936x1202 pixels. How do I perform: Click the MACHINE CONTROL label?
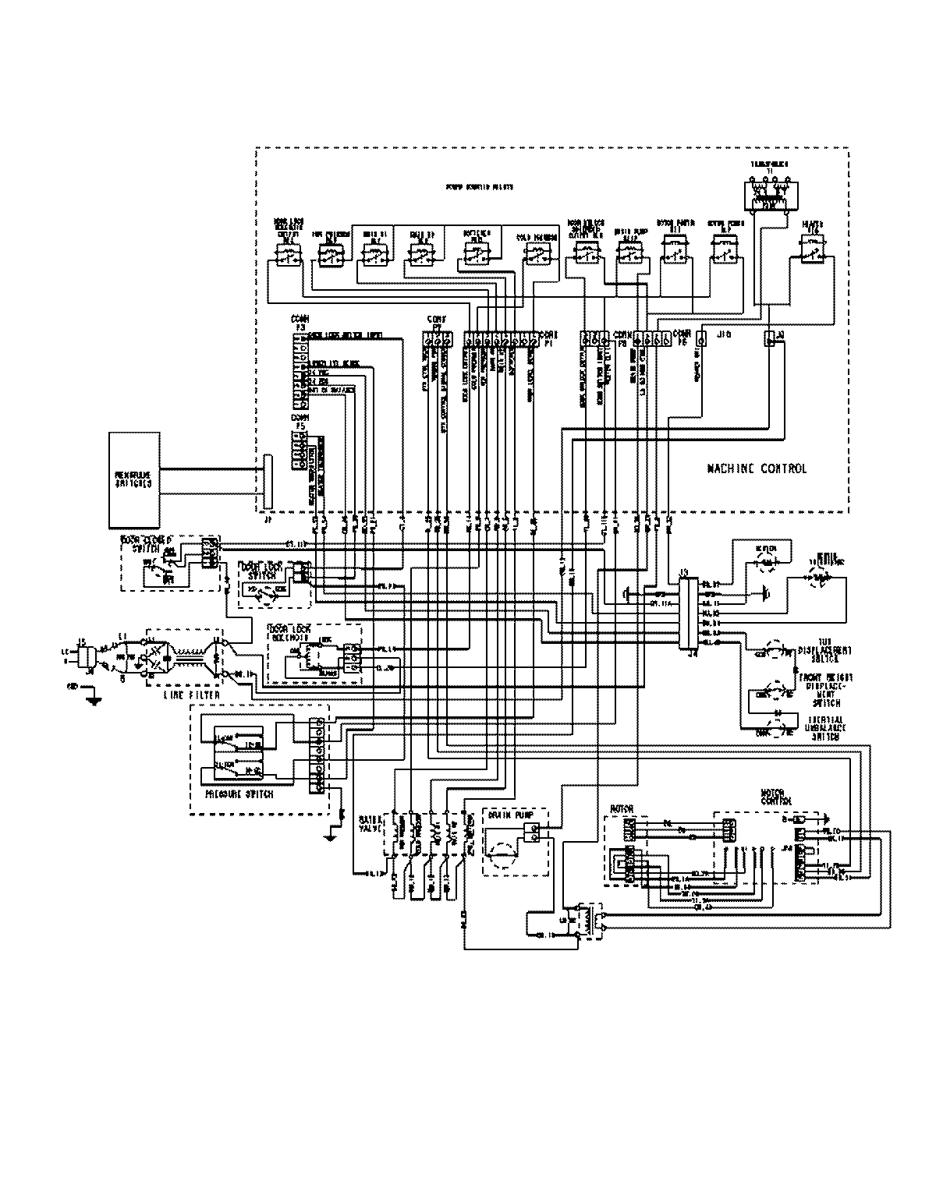point(757,468)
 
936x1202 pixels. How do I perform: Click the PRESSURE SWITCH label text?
point(239,794)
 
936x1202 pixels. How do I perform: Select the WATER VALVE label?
point(368,825)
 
